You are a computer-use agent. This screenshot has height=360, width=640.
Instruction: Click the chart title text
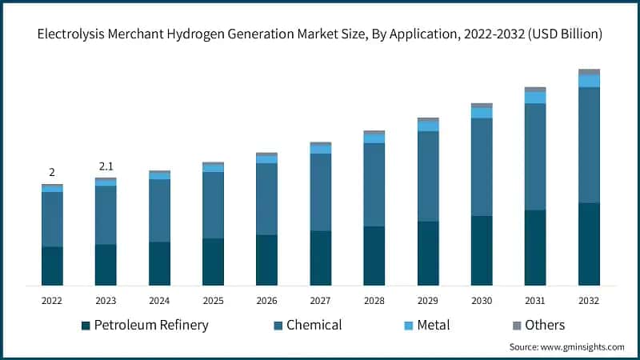(x=319, y=34)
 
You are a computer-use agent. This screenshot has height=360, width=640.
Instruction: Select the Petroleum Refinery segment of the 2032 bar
(x=589, y=244)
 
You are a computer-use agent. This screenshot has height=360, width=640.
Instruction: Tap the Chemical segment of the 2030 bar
(x=482, y=166)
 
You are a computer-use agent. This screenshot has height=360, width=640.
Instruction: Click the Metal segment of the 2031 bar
(x=535, y=98)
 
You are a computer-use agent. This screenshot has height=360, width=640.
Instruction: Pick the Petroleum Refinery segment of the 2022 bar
(x=52, y=266)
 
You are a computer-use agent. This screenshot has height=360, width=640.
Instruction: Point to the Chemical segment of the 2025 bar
(x=213, y=205)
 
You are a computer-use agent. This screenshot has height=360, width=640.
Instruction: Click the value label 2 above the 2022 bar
(x=52, y=172)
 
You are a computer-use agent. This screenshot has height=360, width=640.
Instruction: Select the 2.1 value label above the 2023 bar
(x=106, y=166)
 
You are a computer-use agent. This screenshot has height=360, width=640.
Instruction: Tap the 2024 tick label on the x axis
(x=159, y=300)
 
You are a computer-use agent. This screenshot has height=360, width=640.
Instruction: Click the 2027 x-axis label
(x=320, y=300)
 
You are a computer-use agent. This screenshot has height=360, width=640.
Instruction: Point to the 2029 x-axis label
(x=427, y=300)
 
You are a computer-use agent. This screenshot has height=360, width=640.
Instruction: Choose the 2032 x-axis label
(x=589, y=300)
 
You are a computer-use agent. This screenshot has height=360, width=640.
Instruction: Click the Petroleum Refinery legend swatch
(x=86, y=326)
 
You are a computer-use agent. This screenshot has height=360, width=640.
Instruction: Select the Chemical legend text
(x=314, y=325)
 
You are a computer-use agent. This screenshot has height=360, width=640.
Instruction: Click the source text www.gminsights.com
(x=566, y=347)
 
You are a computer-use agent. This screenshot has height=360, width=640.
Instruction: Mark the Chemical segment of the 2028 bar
(x=374, y=185)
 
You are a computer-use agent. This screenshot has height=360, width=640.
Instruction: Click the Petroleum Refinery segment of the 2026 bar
(x=266, y=260)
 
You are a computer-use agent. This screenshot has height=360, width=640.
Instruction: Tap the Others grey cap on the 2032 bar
(x=589, y=72)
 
